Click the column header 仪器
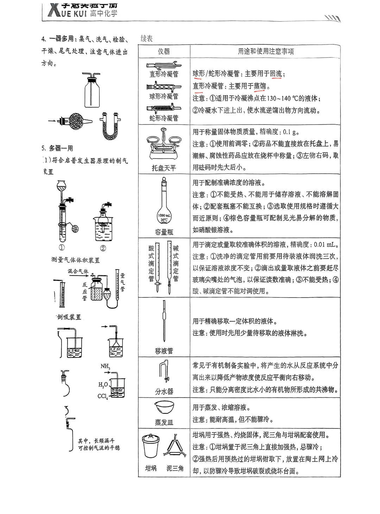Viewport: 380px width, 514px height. pyautogui.click(x=164, y=51)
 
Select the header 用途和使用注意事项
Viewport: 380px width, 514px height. pyautogui.click(x=266, y=51)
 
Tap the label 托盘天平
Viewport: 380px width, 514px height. pyautogui.click(x=164, y=168)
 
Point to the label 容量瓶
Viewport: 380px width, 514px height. pyautogui.click(x=164, y=232)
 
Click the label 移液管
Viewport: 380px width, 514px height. pyautogui.click(x=164, y=351)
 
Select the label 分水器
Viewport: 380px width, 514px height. pyautogui.click(x=164, y=391)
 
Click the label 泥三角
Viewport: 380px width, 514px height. pyautogui.click(x=175, y=468)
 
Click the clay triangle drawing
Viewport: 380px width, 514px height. pyautogui.click(x=175, y=446)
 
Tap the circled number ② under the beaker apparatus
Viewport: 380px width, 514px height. pyautogui.click(x=103, y=248)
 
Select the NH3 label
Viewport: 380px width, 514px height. pyautogui.click(x=105, y=366)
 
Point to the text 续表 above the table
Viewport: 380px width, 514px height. pyautogui.click(x=146, y=39)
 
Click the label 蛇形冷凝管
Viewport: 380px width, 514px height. pyautogui.click(x=164, y=118)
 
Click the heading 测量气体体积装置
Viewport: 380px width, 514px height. pyautogui.click(x=76, y=260)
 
